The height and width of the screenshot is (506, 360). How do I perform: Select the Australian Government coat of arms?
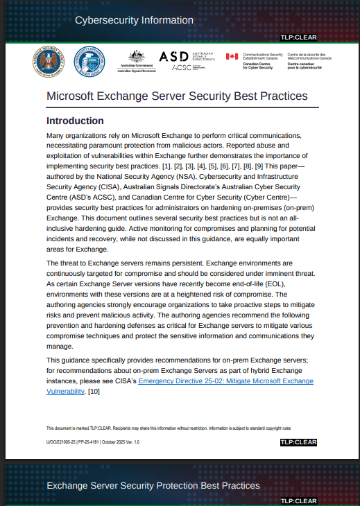pyautogui.click(x=135, y=58)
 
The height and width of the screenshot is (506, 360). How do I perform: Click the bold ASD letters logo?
pyautogui.click(x=173, y=57)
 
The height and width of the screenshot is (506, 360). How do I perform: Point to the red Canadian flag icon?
pyautogui.click(x=232, y=58)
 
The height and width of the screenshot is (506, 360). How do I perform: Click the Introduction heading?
pyautogui.click(x=75, y=121)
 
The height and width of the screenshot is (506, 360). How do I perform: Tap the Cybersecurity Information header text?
pyautogui.click(x=134, y=20)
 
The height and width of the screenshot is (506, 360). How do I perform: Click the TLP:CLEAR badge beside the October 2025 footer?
pyautogui.click(x=298, y=442)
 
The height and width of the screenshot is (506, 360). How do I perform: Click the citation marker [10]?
pyautogui.click(x=113, y=392)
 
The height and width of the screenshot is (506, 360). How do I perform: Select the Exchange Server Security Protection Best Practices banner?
pyautogui.click(x=153, y=485)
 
